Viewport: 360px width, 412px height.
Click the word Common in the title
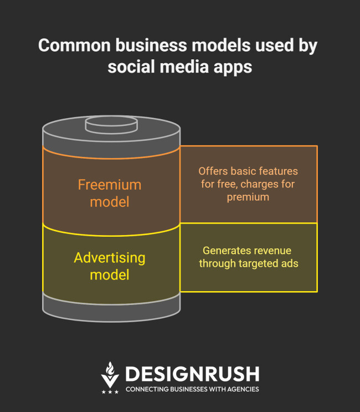(x=75, y=45)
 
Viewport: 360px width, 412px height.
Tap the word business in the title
(x=151, y=45)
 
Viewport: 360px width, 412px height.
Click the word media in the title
(x=184, y=67)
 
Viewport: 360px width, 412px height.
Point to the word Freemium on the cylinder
(x=110, y=185)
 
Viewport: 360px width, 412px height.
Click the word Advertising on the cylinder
(x=110, y=258)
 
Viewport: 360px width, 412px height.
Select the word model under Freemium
(x=110, y=202)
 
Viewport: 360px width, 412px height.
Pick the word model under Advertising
(x=110, y=275)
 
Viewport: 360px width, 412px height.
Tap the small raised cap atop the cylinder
(x=111, y=125)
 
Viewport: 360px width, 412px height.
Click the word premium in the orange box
(x=248, y=197)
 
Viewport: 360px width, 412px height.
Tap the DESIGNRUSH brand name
(x=192, y=374)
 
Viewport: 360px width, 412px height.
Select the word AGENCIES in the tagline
(x=243, y=389)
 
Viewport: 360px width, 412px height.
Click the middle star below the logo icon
(x=110, y=392)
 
